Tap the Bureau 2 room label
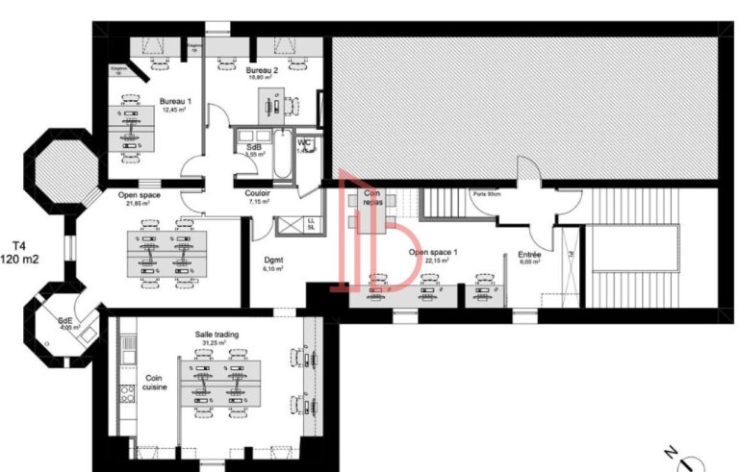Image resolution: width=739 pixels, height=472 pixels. (x=261, y=71)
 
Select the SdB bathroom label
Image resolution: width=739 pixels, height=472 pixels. (x=255, y=146)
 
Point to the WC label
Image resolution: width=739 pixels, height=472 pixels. (x=304, y=145)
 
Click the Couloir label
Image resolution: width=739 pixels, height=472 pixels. (x=261, y=194)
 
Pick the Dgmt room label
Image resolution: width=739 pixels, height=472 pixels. (x=274, y=260)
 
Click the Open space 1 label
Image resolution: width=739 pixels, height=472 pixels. (x=433, y=252)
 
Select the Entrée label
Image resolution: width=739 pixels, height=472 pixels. (x=529, y=255)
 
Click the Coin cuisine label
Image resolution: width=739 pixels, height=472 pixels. (x=156, y=383)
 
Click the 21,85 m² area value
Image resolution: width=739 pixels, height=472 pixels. (x=140, y=204)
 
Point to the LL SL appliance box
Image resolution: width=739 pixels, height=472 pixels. (x=310, y=225)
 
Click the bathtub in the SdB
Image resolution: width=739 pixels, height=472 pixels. (x=283, y=158)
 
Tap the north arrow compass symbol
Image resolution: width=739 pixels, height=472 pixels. (x=685, y=460)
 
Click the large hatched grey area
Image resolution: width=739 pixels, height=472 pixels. (x=524, y=106)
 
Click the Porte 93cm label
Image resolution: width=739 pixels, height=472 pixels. (x=485, y=195)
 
